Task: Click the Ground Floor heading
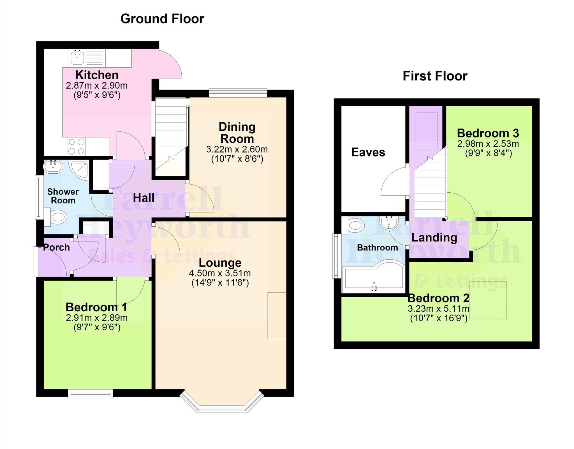(162, 19)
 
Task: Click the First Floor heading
(435, 76)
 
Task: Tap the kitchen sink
(77, 58)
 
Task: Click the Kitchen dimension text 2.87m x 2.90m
(97, 85)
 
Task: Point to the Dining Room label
(237, 133)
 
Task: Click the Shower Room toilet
(57, 217)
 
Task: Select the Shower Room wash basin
(53, 166)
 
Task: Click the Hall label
(143, 198)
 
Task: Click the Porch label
(57, 247)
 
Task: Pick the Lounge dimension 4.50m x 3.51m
(220, 273)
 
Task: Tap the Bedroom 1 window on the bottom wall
(91, 393)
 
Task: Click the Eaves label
(368, 152)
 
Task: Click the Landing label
(434, 238)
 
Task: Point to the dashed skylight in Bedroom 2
(488, 300)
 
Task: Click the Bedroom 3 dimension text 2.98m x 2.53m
(488, 144)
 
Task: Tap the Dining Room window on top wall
(238, 93)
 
